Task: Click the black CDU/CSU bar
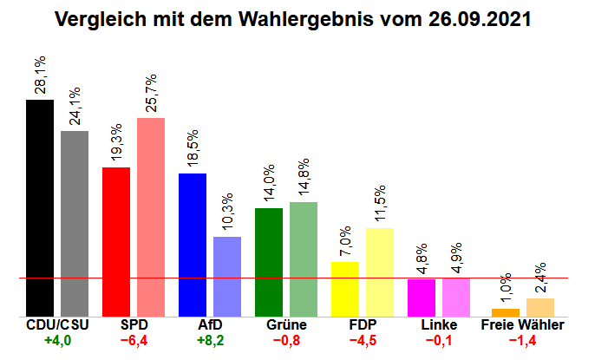40,208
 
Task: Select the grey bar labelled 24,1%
75,224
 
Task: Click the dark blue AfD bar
193,245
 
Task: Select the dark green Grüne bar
269,262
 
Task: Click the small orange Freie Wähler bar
506,312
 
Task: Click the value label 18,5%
193,149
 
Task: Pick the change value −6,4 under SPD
134,340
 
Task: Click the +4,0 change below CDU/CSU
58,340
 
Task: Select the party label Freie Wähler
522,325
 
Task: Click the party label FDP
363,325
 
